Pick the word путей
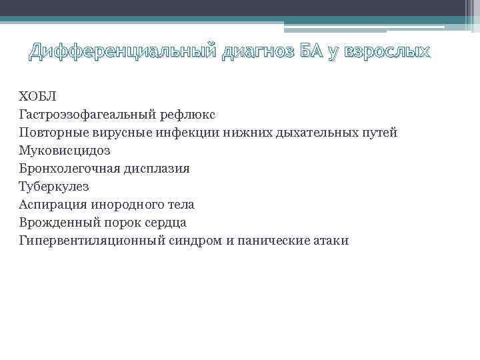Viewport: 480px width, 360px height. point(379,133)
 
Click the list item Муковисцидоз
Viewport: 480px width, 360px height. point(65,151)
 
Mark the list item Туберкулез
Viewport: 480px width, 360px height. point(54,187)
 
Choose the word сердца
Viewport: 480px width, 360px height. point(166,223)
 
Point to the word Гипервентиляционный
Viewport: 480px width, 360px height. point(94,241)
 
